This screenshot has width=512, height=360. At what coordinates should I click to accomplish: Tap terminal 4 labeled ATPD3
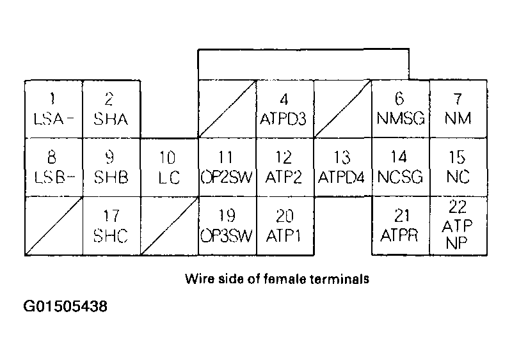click(x=284, y=109)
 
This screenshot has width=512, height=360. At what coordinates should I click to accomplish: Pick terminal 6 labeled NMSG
click(x=400, y=109)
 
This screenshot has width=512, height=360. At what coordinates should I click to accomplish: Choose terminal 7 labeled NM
click(x=458, y=109)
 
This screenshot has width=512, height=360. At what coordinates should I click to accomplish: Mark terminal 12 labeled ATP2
click(x=284, y=168)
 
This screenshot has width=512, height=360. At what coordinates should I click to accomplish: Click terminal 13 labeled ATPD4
click(x=342, y=168)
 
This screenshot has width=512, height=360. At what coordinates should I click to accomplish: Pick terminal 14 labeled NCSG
click(x=400, y=168)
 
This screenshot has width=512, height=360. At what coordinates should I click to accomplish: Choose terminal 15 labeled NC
click(x=458, y=168)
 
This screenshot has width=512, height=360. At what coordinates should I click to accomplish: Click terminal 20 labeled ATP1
click(x=284, y=226)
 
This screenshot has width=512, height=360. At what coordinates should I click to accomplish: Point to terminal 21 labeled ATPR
click(x=400, y=226)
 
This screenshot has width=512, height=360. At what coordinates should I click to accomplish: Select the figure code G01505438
click(x=66, y=306)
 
